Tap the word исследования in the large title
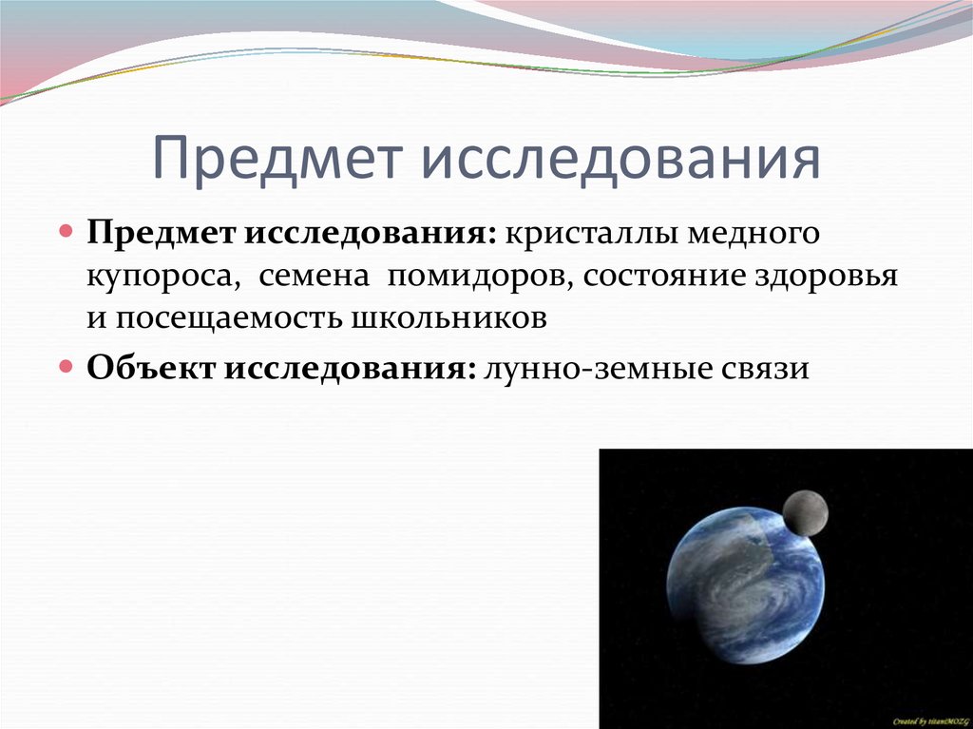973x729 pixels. tap(620, 159)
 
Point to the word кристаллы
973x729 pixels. tap(579, 234)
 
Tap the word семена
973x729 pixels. tap(313, 276)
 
